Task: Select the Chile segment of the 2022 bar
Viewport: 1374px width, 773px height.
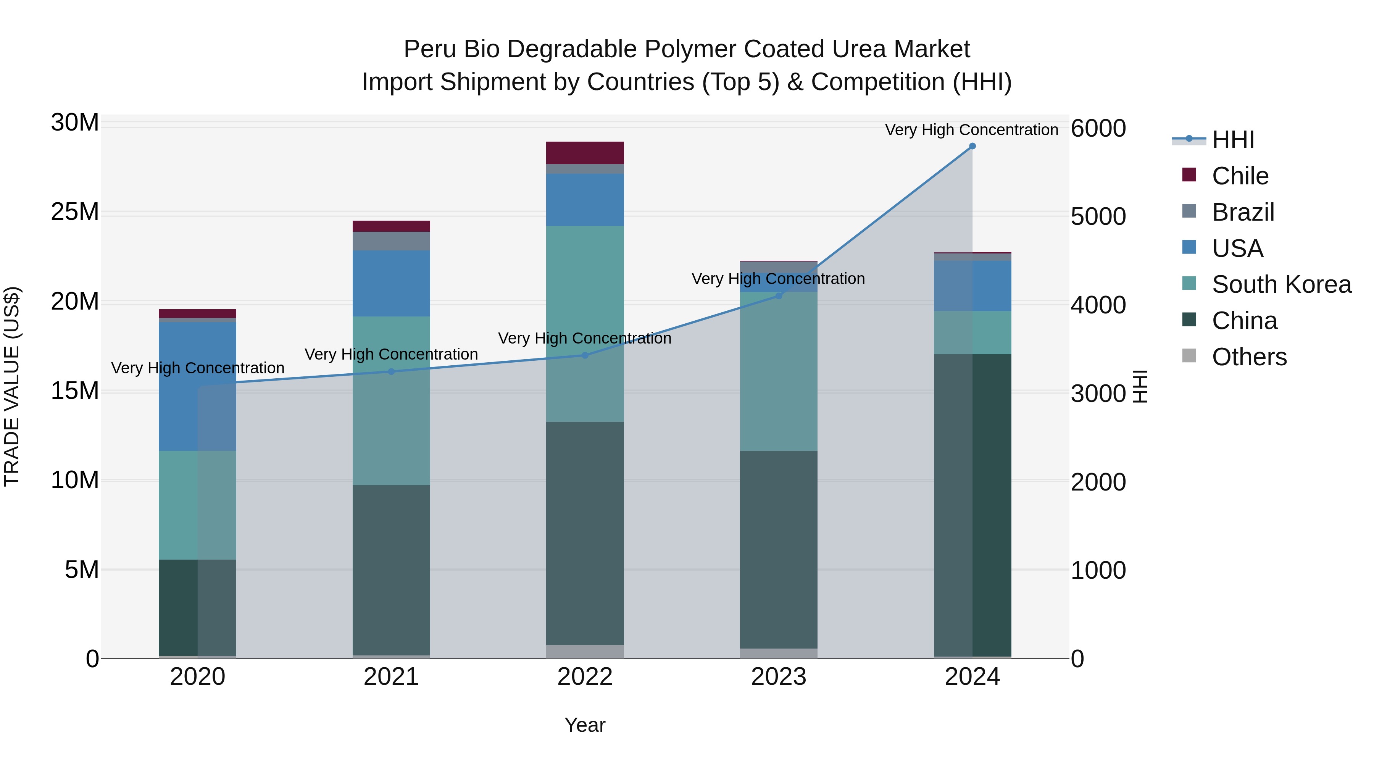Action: point(585,153)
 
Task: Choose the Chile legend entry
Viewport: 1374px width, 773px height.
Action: point(1240,176)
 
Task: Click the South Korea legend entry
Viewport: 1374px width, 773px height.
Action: point(1281,284)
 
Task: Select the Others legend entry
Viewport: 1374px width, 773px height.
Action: point(1249,357)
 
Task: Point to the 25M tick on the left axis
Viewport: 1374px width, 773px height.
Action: point(75,212)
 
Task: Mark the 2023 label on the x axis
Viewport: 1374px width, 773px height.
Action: point(778,677)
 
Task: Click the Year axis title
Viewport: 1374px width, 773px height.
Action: point(585,725)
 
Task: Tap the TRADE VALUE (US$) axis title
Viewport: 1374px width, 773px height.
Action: point(12,386)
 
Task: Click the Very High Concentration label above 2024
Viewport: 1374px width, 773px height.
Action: point(971,130)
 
